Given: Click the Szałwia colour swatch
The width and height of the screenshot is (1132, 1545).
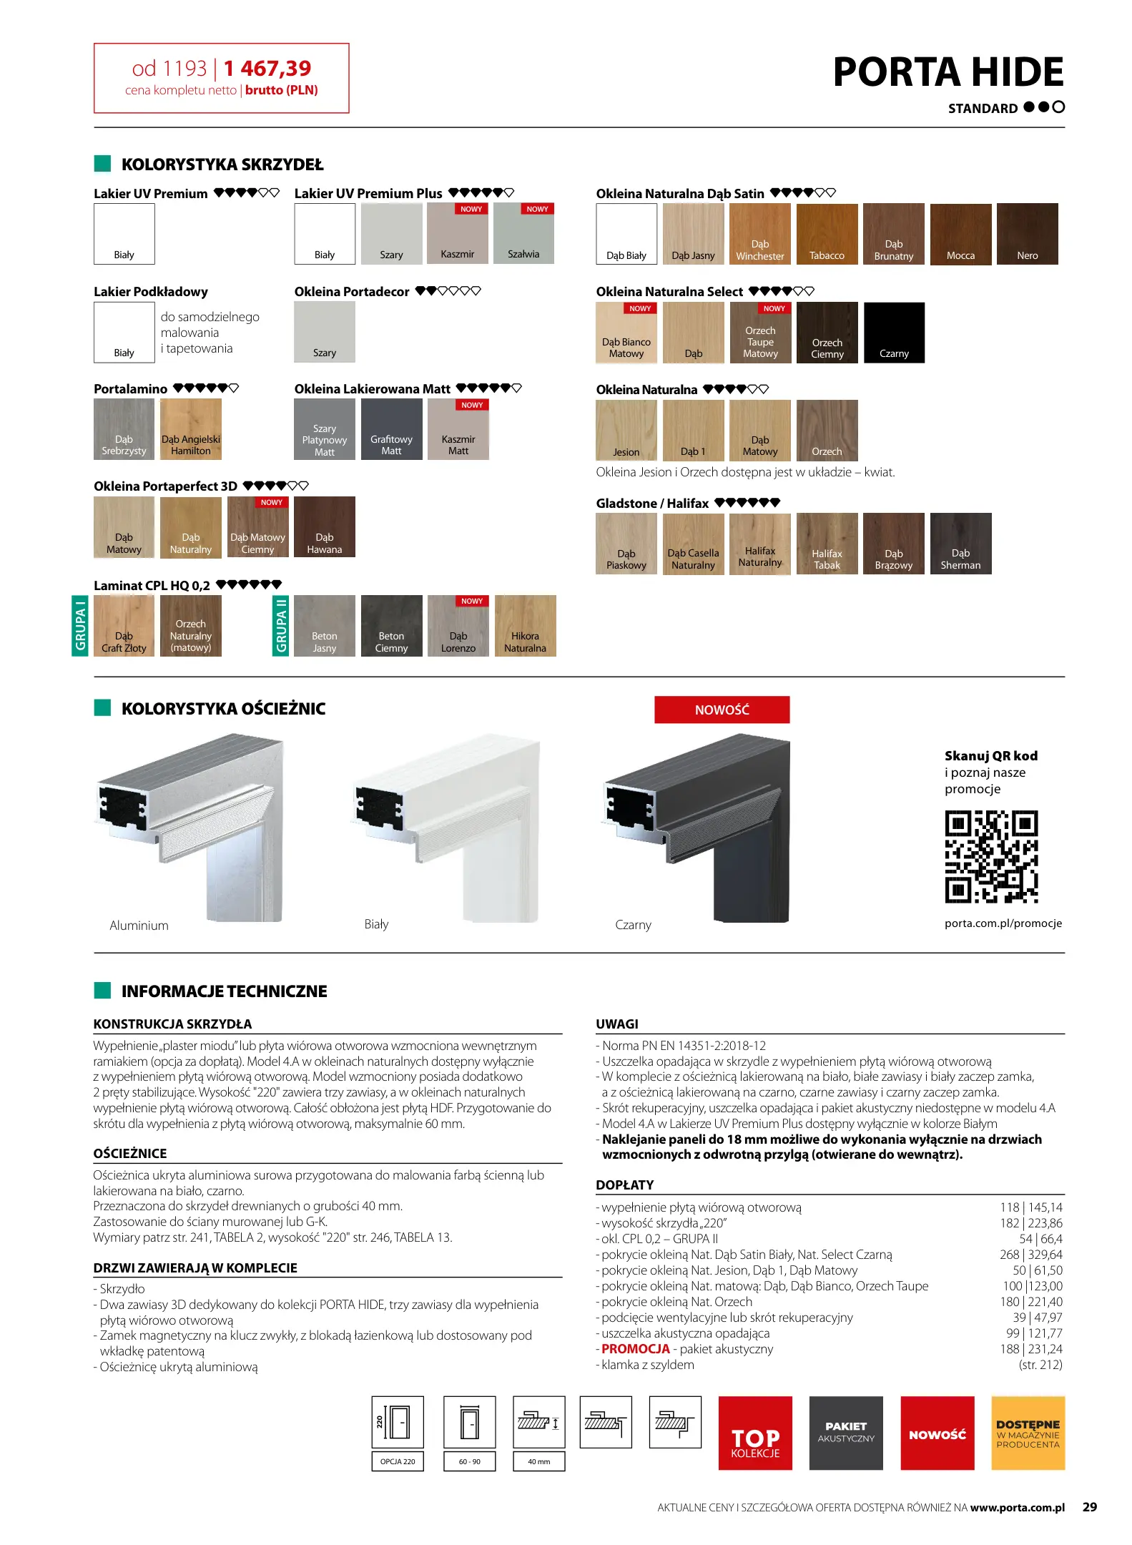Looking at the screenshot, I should [523, 234].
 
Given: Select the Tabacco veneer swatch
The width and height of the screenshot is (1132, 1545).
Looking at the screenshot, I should [827, 234].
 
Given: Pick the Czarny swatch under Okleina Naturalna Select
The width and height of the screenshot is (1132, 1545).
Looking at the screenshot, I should [894, 333].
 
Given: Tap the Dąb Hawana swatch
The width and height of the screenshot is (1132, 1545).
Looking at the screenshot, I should [325, 527].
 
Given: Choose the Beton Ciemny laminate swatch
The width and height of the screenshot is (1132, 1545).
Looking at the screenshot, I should [391, 626].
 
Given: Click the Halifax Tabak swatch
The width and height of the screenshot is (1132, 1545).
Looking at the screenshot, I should [827, 544].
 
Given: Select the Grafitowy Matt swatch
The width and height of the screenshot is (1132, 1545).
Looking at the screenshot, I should [391, 429].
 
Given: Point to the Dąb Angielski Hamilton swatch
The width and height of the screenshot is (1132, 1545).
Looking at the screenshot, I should [191, 429].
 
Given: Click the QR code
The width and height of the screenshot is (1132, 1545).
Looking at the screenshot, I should [991, 857].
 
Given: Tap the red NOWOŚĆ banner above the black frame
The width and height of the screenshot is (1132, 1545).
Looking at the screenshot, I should [722, 710].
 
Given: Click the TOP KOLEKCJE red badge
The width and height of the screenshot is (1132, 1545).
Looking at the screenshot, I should [755, 1433].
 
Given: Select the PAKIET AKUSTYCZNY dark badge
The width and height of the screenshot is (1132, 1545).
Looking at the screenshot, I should [846, 1433].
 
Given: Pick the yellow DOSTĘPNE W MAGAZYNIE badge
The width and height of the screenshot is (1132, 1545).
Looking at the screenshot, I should [1028, 1433].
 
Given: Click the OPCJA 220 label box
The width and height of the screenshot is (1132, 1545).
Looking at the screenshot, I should [398, 1461].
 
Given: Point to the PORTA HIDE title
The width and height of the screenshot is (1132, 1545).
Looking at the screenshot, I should [948, 72].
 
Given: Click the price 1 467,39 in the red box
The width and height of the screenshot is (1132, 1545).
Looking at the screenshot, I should [267, 69].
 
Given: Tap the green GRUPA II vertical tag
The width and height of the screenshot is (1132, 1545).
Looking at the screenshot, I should [281, 626].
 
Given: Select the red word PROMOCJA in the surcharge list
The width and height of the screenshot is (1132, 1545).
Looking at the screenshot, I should [636, 1349].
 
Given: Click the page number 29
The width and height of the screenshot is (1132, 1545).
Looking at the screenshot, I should [1089, 1507].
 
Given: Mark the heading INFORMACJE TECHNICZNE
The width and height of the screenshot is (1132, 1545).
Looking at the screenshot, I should [224, 991].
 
